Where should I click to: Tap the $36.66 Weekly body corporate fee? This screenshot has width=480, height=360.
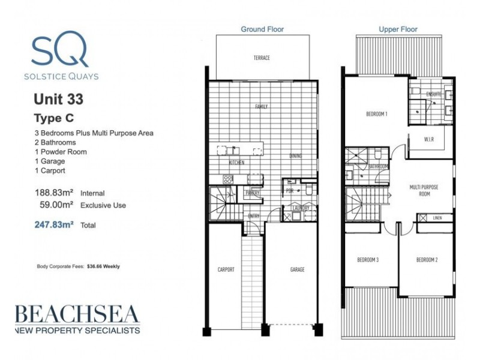coord(103,266)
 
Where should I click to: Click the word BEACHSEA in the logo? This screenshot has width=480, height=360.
coord(77,314)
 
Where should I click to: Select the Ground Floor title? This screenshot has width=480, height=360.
coord(262,29)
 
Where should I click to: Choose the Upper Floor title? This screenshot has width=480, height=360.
coord(398,29)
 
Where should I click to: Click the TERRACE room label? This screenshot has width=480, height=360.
coord(262,58)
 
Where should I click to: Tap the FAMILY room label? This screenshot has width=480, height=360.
coord(261,107)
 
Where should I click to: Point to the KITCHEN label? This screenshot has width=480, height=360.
coord(236,163)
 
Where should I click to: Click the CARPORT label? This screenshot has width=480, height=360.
coord(226,270)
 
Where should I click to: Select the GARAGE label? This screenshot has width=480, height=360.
coord(297,270)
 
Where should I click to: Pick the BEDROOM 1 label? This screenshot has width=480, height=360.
coord(377,114)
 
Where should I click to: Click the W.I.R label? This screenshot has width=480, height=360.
coord(428,140)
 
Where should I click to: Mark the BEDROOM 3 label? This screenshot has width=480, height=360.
coord(368,260)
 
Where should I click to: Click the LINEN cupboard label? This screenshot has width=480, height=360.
coord(437,218)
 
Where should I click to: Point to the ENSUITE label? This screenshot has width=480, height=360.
coord(434,94)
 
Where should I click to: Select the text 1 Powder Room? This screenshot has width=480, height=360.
coord(61,152)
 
